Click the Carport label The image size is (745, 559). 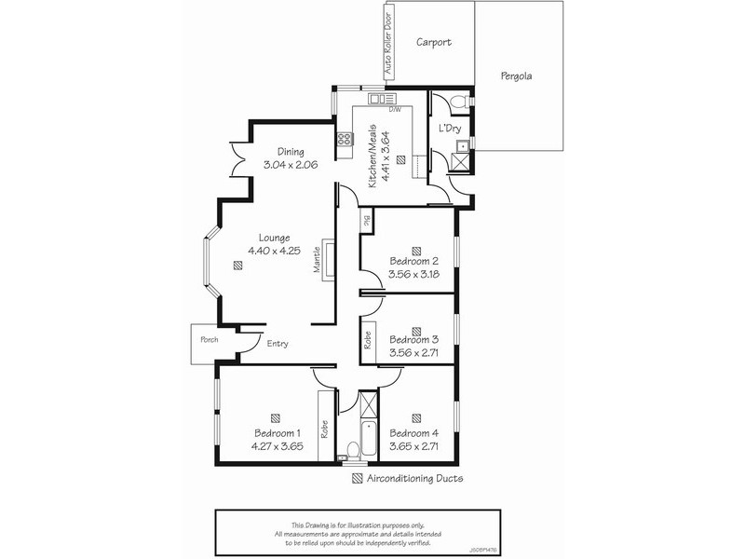[434, 42]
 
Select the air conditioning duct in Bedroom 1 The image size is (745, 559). [276, 418]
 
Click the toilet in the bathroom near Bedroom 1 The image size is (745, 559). [351, 452]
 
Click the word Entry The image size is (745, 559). [278, 344]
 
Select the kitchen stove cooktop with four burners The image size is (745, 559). [345, 140]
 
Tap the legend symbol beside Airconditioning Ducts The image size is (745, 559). [358, 479]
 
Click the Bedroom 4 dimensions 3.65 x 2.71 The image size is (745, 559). [413, 445]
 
